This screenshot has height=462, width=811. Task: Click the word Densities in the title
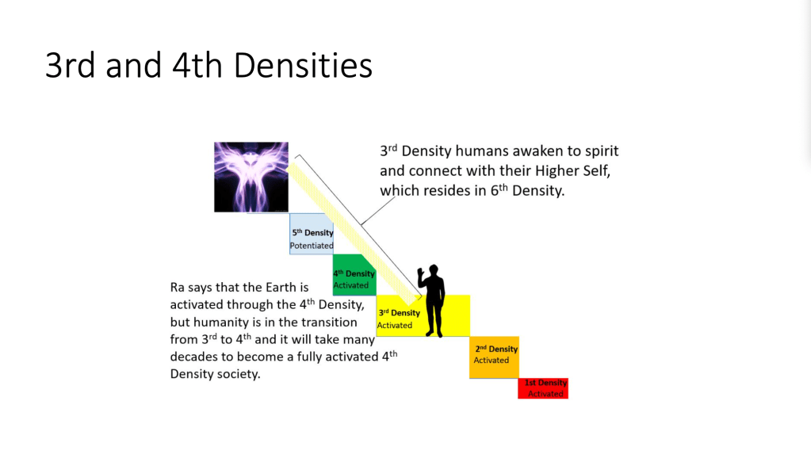coord(303,66)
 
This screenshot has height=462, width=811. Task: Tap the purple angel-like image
coord(251,177)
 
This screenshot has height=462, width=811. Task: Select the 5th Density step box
coord(312,234)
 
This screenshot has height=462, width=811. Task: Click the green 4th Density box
coord(354,275)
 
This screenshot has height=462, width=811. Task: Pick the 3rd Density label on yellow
coord(399,313)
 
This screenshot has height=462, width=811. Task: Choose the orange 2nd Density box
coord(495,357)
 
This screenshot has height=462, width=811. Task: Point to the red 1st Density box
coord(543,388)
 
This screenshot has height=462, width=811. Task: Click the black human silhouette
coord(432,301)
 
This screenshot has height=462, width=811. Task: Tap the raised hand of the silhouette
coord(421,273)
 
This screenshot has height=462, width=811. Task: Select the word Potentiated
coord(312,246)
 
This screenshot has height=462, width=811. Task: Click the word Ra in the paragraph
coord(178,288)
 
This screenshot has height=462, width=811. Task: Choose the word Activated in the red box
coord(545,394)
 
